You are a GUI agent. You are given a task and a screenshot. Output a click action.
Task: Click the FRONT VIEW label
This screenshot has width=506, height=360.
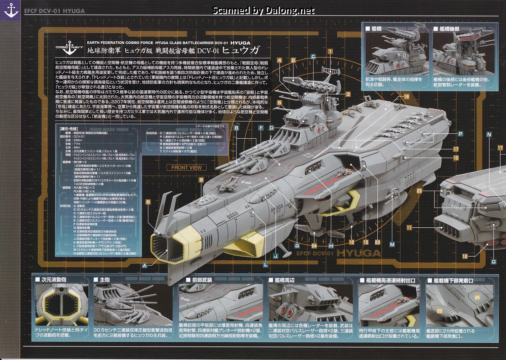click(x=186, y=168)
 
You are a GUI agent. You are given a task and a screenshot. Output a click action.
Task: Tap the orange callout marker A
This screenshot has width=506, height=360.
click(x=144, y=265)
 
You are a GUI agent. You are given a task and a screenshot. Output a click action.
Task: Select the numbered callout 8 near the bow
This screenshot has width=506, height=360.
click(x=148, y=202)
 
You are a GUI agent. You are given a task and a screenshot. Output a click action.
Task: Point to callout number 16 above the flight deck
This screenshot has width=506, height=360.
click(x=407, y=97)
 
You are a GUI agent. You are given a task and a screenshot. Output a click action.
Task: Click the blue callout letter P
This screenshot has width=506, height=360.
click(x=460, y=134)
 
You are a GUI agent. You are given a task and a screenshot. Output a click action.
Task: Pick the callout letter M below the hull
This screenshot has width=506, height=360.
click(x=392, y=244)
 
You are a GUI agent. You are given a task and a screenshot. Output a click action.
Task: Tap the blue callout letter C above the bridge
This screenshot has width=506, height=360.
click(x=313, y=56)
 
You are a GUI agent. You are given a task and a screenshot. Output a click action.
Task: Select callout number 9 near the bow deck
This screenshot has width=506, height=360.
click(x=201, y=180)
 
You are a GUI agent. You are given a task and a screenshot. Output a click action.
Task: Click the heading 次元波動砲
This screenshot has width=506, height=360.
click(x=54, y=279)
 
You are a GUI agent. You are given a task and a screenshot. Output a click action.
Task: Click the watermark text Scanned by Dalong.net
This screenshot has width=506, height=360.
click(x=263, y=11)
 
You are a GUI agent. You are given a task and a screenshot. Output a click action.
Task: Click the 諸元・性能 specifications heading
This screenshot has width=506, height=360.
click(x=69, y=128)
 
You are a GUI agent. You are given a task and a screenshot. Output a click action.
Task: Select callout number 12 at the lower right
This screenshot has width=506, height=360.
click(x=465, y=256)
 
